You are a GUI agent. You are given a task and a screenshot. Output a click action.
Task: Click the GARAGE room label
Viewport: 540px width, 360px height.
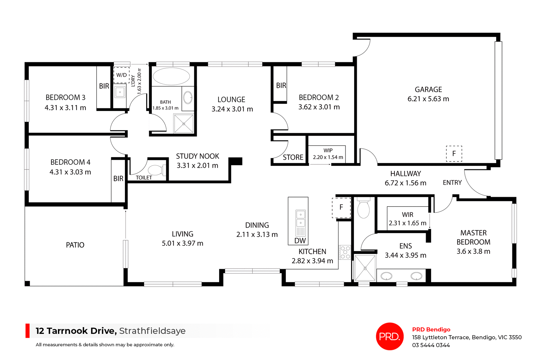pos(428,90)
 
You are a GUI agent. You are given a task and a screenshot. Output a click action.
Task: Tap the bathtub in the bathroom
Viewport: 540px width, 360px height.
pos(171,76)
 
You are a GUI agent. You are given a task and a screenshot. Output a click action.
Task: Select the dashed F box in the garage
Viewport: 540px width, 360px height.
pos(454,154)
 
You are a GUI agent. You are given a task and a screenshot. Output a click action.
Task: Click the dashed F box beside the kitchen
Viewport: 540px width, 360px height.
pos(341,208)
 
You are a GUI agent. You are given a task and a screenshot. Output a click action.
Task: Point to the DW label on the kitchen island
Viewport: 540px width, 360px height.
pos(300,241)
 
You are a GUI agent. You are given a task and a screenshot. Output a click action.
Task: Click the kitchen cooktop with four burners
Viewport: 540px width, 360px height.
pos(345,252)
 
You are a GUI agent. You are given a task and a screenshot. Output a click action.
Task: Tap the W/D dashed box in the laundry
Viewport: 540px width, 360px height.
pos(121,75)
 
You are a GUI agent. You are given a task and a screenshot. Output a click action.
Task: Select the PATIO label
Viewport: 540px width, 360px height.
pos(75,245)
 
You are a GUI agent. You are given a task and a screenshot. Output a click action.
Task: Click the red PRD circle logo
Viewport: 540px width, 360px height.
pos(390,336)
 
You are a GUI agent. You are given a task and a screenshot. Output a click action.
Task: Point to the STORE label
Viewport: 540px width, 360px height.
pos(293,157)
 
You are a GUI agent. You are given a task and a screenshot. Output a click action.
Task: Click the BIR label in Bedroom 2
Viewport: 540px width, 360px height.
pos(281,85)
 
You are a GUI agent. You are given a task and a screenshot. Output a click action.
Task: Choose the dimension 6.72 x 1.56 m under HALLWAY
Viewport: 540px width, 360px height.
pos(405,183)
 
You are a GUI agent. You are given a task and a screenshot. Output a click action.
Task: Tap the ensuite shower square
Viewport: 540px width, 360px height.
pos(365,268)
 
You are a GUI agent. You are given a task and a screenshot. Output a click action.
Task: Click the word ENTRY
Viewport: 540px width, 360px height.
pos(452,183)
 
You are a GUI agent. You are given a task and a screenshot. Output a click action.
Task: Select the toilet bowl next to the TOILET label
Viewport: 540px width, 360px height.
pos(156,170)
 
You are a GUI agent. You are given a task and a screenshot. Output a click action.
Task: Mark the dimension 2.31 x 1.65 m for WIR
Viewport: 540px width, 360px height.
pos(408,223)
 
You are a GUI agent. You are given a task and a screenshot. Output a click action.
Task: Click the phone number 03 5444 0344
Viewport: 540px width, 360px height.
pos(431,345)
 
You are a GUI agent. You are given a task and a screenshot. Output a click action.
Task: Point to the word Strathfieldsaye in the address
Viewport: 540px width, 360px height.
pos(152,331)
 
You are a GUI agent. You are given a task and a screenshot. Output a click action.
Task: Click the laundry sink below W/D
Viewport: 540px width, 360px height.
pos(120,92)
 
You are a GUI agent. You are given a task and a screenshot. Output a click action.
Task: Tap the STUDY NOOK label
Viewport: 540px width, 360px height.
pos(197,156)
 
